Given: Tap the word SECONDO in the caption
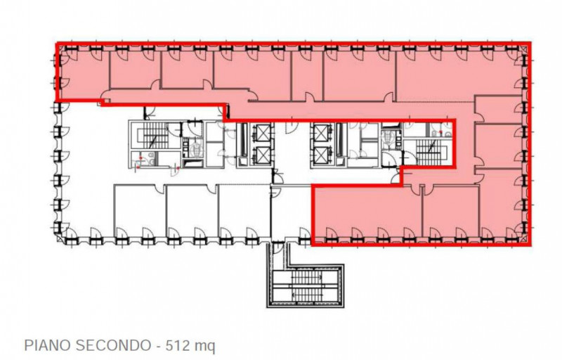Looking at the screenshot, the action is tap(113, 346).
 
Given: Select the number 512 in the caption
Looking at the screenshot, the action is tap(177, 346).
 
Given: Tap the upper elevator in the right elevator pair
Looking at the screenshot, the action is tap(321, 133).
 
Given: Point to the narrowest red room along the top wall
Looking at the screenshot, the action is tap(308, 75).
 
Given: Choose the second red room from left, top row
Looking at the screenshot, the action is tap(135, 69).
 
